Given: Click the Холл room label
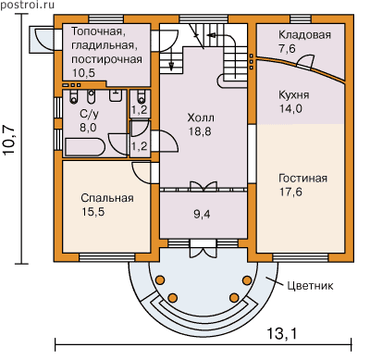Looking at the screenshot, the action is click(x=201, y=118).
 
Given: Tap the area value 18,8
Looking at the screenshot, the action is click(x=200, y=131).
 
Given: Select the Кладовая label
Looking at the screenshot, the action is click(x=304, y=35).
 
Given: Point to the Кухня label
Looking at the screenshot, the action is click(x=294, y=95).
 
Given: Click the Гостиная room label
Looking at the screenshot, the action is click(x=302, y=179).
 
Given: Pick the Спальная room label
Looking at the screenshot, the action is click(x=107, y=198).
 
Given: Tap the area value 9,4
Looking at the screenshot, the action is click(x=202, y=214).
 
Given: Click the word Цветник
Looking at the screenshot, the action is click(x=310, y=286).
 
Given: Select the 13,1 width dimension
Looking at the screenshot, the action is click(x=281, y=334).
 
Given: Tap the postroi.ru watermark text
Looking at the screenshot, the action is click(x=28, y=5).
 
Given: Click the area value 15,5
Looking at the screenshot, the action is click(x=93, y=212).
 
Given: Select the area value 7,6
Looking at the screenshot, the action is click(x=287, y=48).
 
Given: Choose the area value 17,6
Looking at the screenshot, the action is click(x=290, y=192).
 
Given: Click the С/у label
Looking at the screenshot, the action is click(x=89, y=114).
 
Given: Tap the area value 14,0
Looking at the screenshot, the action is click(x=290, y=108).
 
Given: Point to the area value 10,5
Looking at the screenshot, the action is click(x=84, y=73).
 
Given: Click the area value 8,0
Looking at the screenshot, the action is click(x=88, y=127).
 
